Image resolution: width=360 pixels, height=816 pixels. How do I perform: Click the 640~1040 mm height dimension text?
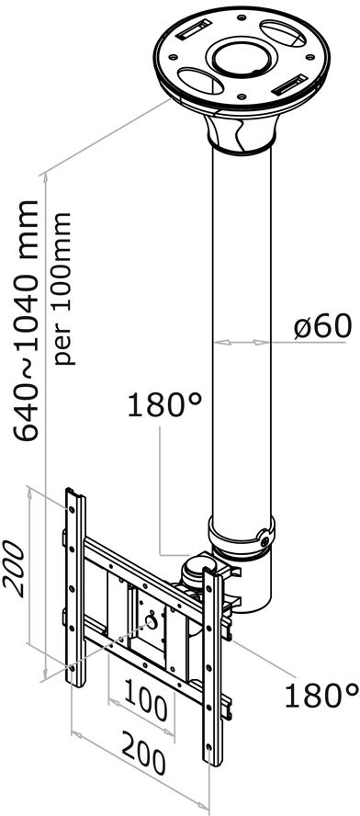point(26,321)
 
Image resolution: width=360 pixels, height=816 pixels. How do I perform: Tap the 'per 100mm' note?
point(63,288)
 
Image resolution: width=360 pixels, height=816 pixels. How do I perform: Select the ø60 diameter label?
point(323,327)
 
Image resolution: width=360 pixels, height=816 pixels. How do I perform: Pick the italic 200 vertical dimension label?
point(15,568)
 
